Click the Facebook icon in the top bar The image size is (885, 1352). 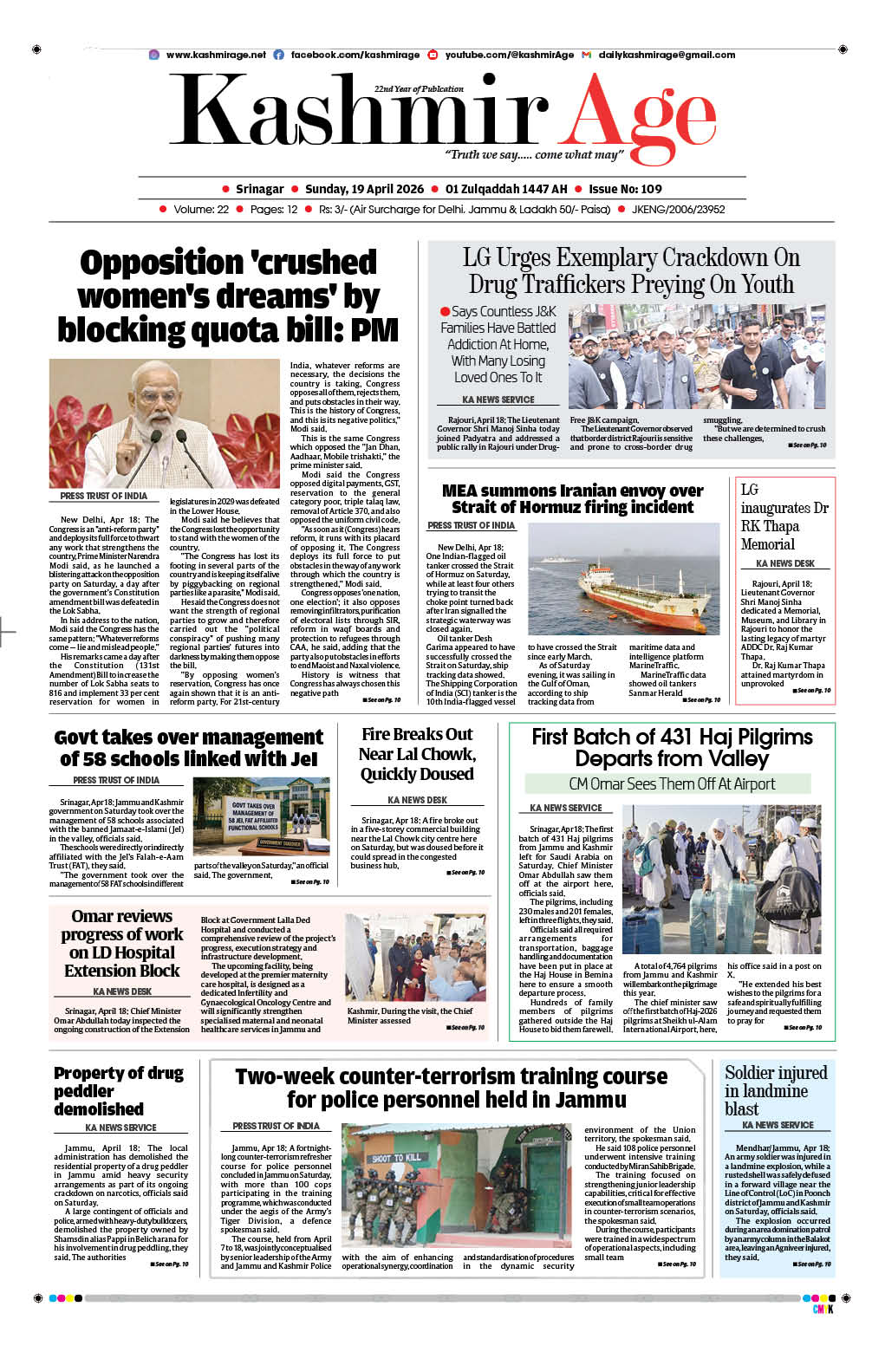(x=279, y=55)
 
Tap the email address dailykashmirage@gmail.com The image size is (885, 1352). (x=666, y=55)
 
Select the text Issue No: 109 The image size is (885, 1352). (x=625, y=189)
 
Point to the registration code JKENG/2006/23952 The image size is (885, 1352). (x=678, y=210)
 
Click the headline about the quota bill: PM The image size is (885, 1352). (x=228, y=296)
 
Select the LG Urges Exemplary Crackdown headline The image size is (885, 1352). (x=631, y=271)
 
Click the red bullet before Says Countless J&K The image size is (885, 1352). (x=445, y=312)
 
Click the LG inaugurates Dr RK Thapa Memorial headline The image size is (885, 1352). (x=784, y=517)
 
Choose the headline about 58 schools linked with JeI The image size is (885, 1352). (x=188, y=748)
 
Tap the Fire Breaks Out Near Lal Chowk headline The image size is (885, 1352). (x=417, y=754)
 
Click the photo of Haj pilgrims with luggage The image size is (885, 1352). (x=720, y=879)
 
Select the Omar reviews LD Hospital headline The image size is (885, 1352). (x=122, y=943)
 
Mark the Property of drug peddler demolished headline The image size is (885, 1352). (x=119, y=1090)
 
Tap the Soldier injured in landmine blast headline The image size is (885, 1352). (x=776, y=1090)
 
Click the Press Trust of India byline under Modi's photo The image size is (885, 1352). (x=103, y=496)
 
